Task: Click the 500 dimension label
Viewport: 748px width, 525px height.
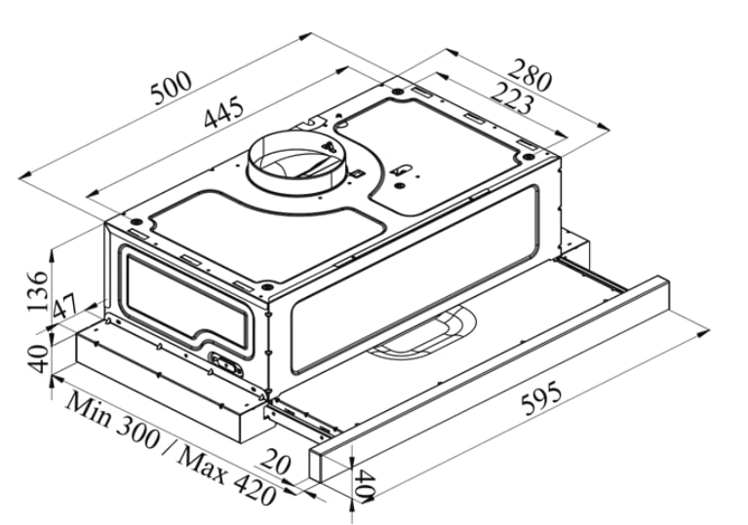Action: (x=173, y=90)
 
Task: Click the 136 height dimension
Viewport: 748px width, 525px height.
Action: (x=37, y=288)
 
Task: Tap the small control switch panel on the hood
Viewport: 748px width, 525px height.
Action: (x=231, y=365)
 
